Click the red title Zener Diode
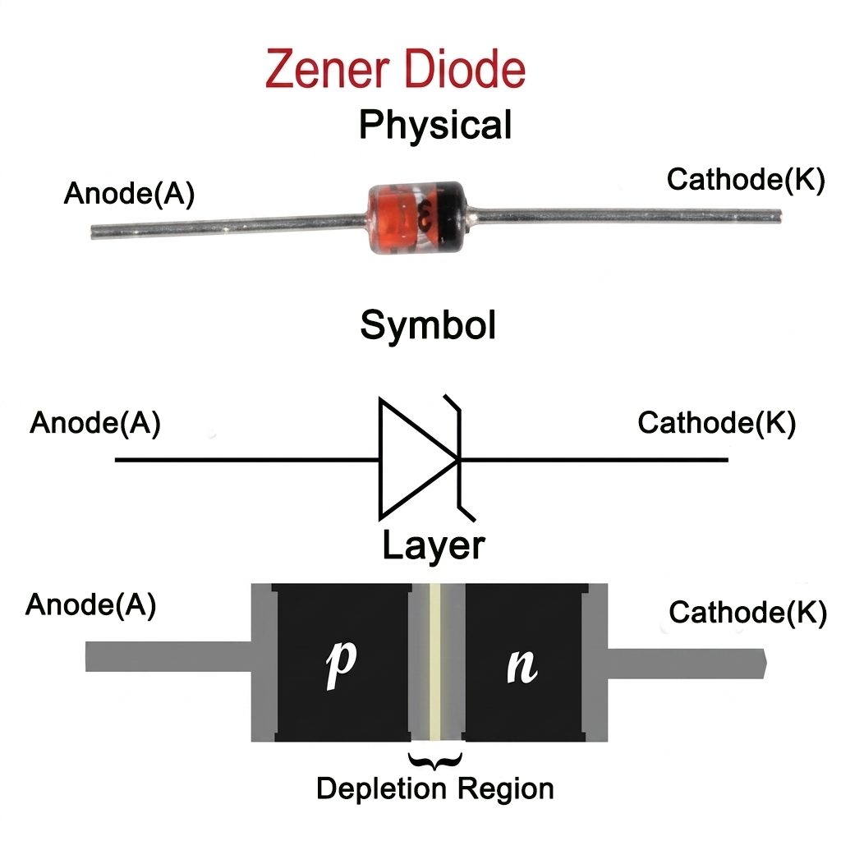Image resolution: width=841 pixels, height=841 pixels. (395, 69)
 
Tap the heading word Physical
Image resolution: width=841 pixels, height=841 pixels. (435, 125)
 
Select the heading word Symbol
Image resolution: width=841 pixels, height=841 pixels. (427, 325)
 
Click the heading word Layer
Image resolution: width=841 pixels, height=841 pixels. (434, 545)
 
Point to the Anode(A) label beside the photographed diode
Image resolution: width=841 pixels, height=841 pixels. (129, 193)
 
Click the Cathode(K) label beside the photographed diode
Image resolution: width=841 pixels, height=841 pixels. (746, 179)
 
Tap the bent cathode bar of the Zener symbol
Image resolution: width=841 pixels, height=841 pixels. (459, 458)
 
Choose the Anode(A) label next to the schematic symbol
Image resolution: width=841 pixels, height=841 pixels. (95, 423)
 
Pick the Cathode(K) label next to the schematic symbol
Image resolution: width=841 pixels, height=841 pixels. (716, 423)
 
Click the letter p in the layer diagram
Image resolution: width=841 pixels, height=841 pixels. (341, 664)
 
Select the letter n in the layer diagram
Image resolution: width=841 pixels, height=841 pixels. (522, 666)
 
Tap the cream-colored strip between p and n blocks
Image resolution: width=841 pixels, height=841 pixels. (435, 663)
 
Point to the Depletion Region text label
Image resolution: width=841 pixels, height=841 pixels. (435, 788)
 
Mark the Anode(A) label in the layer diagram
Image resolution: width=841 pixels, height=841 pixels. (90, 605)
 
